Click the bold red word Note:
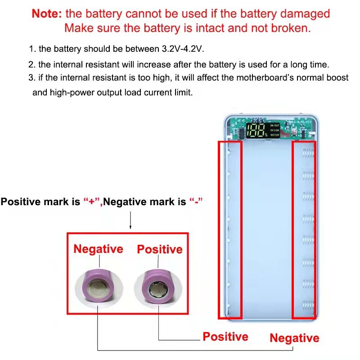(x=47, y=13)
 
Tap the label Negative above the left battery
(x=98, y=249)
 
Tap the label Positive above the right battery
(x=160, y=249)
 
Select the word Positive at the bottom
(x=225, y=337)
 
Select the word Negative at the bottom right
(x=294, y=338)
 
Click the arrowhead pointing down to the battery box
(x=130, y=228)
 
